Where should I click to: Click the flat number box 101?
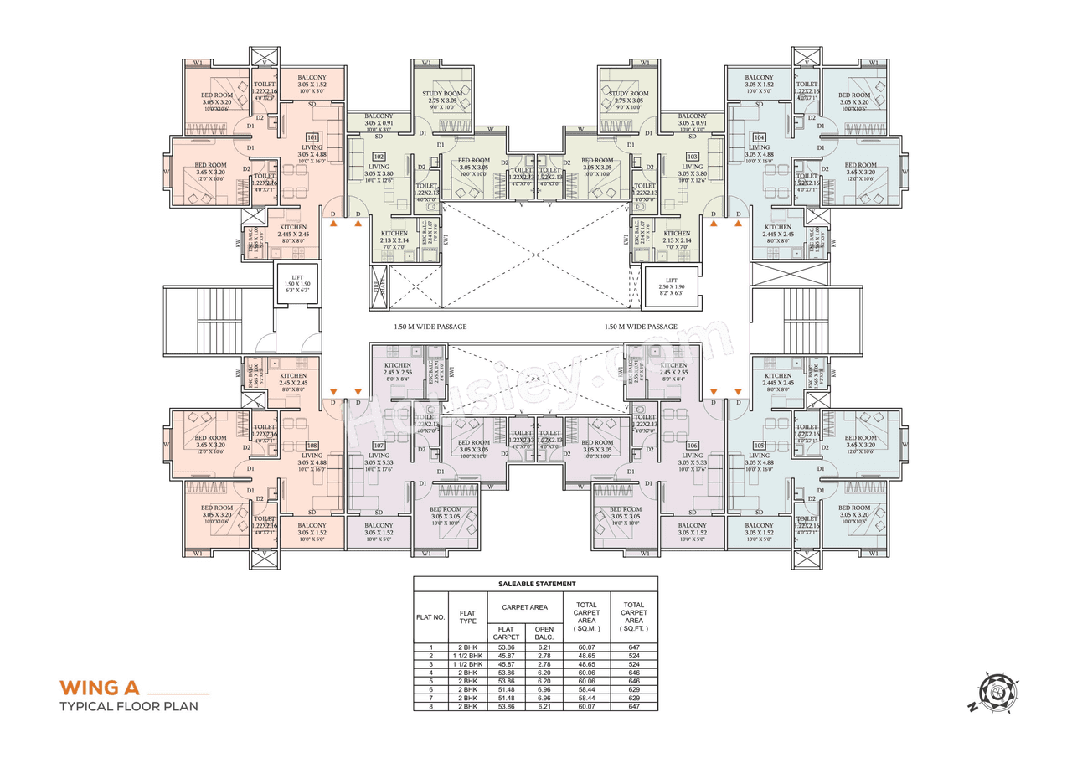tap(312, 137)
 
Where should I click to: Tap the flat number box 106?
tap(691, 446)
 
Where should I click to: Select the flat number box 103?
tap(692, 157)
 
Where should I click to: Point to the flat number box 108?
tap(312, 446)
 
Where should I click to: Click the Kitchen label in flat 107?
tap(396, 366)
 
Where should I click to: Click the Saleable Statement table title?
tap(535, 584)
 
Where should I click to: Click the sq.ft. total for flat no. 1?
tap(633, 647)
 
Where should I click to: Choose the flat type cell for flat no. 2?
tap(466, 656)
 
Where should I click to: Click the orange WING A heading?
tap(98, 688)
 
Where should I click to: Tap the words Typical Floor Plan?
tap(129, 707)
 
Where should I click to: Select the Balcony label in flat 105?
tap(759, 525)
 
